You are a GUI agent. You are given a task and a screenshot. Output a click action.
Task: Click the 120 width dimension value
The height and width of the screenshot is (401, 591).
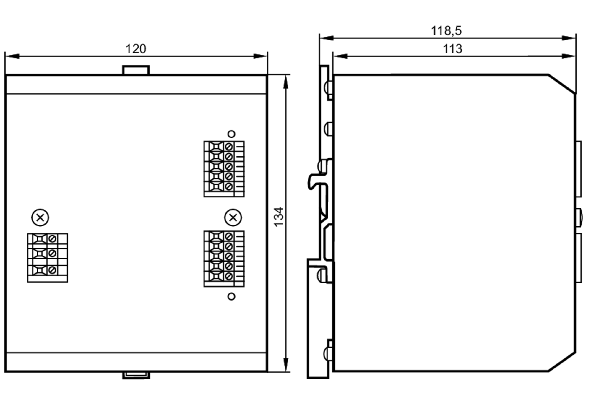pyautogui.click(x=136, y=49)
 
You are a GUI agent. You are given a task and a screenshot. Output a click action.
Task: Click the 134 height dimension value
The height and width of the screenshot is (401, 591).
pyautogui.click(x=279, y=217)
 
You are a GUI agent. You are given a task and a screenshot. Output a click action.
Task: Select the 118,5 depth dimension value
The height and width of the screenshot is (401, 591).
pyautogui.click(x=446, y=31)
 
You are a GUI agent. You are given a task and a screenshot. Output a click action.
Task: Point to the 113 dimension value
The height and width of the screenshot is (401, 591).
pyautogui.click(x=452, y=49)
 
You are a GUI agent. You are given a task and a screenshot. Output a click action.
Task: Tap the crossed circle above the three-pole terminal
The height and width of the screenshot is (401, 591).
pyautogui.click(x=40, y=217)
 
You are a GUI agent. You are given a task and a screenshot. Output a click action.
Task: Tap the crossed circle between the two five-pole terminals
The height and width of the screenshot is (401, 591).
pyautogui.click(x=233, y=217)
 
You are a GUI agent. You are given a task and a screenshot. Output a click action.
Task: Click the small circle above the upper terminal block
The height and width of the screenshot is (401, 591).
pyautogui.click(x=231, y=134)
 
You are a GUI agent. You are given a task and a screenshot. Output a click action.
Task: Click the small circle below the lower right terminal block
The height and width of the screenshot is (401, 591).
pyautogui.click(x=231, y=296)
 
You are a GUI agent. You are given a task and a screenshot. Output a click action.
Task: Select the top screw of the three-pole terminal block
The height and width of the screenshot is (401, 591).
pyautogui.click(x=52, y=238)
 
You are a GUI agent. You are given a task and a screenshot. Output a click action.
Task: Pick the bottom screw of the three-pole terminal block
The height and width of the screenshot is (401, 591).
pyautogui.click(x=52, y=270)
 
